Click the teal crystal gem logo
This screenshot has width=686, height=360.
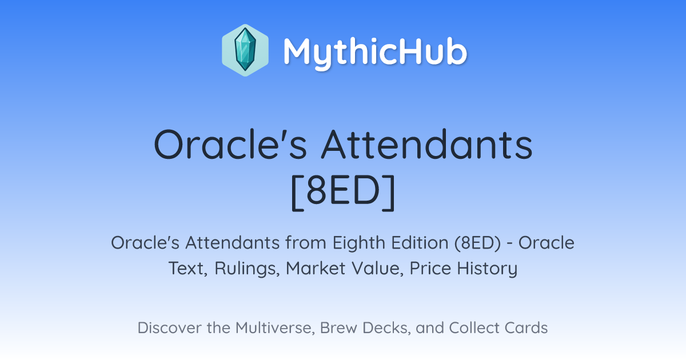(245, 50)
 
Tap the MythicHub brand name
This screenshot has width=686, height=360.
(375, 53)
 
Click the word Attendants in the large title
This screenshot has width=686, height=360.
(427, 145)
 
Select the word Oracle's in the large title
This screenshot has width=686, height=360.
(230, 145)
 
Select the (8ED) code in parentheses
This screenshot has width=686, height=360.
(478, 243)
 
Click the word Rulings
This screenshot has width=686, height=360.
(247, 269)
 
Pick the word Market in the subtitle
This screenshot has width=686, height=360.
(316, 268)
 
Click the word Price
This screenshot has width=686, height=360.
(430, 268)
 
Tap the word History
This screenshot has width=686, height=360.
(487, 269)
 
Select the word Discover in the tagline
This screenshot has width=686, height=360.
(169, 328)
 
